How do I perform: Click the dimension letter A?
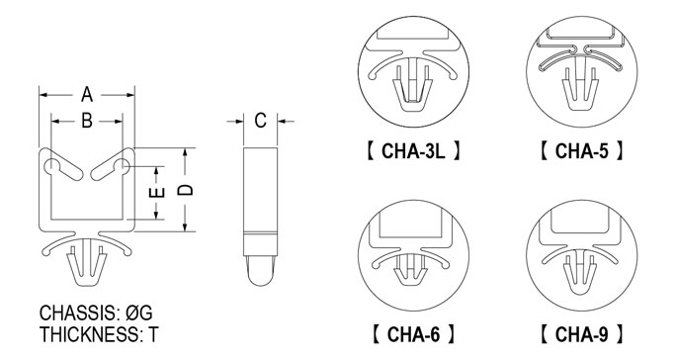click(x=87, y=94)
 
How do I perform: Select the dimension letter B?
click(x=87, y=121)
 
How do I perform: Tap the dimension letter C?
click(x=260, y=121)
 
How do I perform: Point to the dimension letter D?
click(x=186, y=190)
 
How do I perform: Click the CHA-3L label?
click(x=413, y=150)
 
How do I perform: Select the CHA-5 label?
click(x=581, y=150)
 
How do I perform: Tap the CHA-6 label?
click(x=413, y=334)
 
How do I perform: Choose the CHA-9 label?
click(x=581, y=334)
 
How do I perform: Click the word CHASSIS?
click(x=78, y=314)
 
